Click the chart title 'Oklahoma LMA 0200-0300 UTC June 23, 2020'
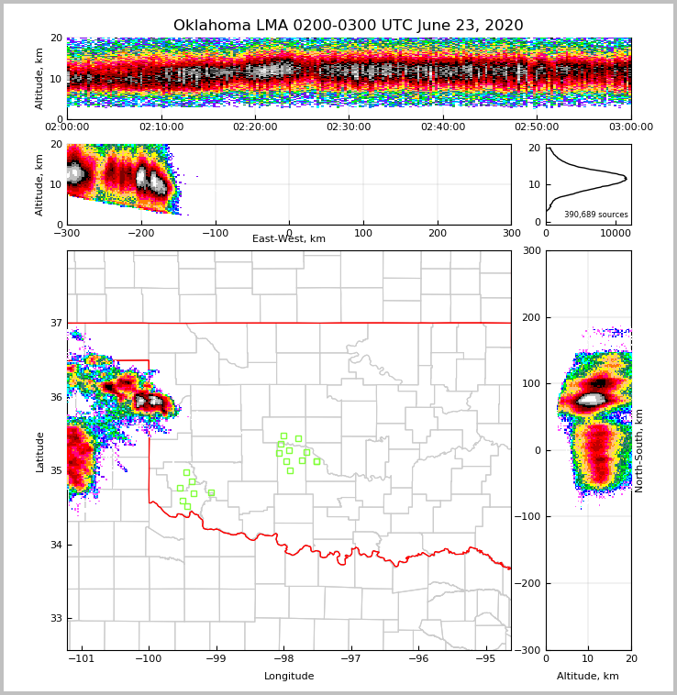pos(348,26)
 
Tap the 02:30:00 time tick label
pos(349,127)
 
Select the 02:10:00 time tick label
pos(161,127)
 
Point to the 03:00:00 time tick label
pos(631,127)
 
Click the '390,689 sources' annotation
pos(595,215)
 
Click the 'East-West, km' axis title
pos(289,239)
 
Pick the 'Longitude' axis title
pos(289,677)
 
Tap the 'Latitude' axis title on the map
pos(39,451)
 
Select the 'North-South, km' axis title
pos(639,450)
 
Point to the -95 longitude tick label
pos(485,658)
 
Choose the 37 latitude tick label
pos(56,323)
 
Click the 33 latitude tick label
pos(56,618)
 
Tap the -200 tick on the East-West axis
pos(141,233)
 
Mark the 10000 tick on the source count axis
pos(615,233)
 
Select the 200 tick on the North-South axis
pos(532,317)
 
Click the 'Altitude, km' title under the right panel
pos(588,677)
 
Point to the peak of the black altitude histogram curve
pos(627,178)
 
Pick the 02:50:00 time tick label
pos(537,127)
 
